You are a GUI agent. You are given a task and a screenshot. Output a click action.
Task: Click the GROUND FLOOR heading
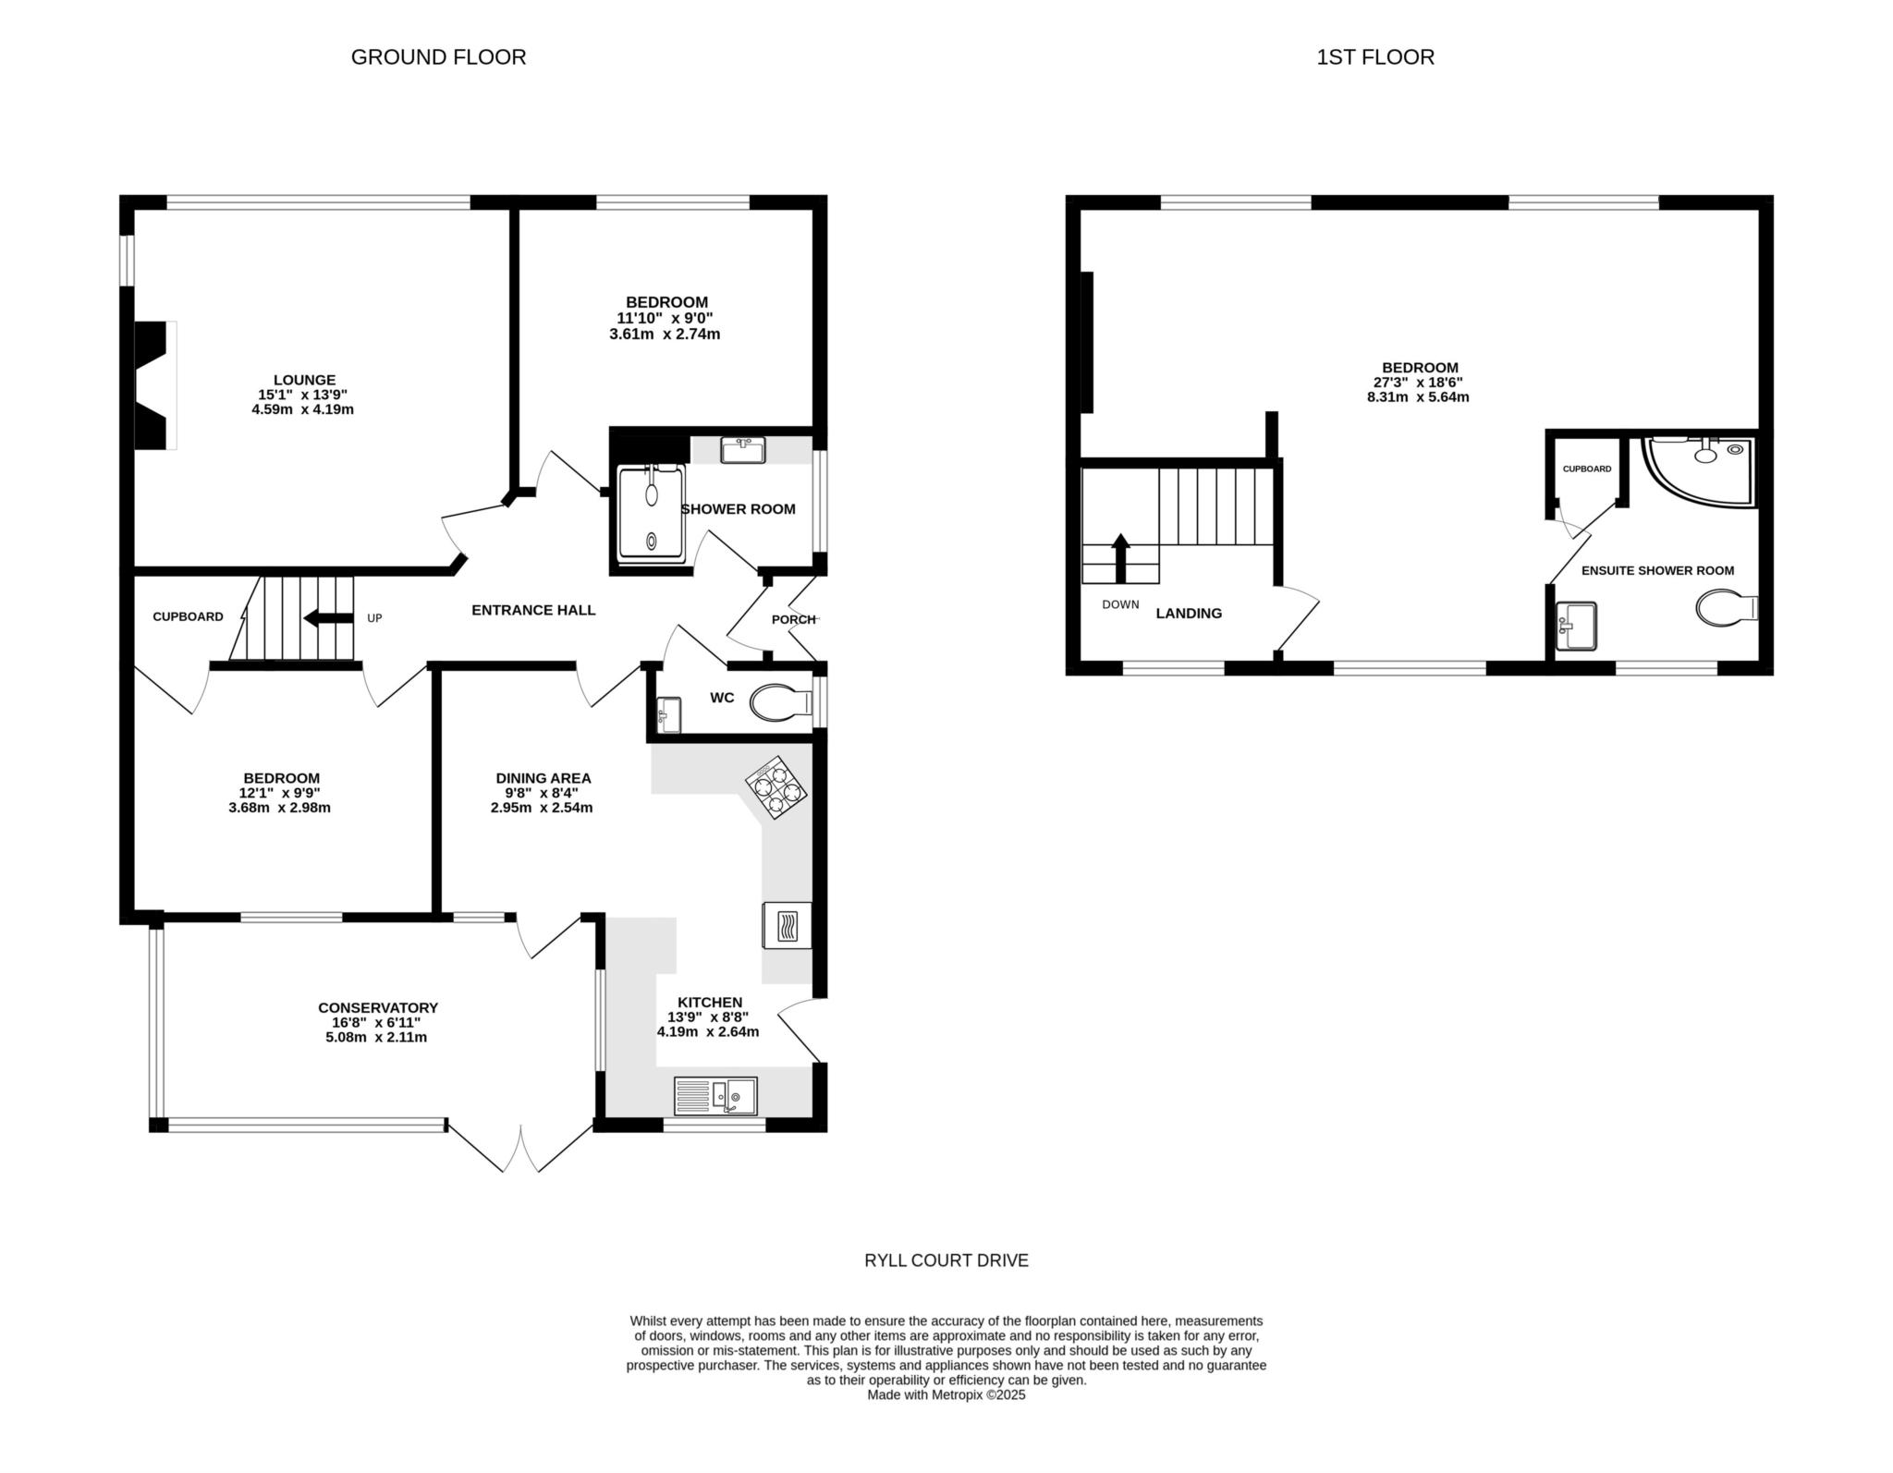pos(438,57)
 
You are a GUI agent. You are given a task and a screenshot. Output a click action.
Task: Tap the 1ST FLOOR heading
pos(1374,57)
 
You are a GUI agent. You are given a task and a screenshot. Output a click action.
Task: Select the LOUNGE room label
pos(304,380)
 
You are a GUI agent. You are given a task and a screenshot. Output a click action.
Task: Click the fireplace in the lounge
pos(155,385)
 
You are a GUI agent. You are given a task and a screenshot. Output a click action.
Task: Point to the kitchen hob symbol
pos(776,788)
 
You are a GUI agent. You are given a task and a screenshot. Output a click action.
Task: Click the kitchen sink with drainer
pos(715,1096)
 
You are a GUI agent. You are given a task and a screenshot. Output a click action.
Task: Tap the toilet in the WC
pos(779,703)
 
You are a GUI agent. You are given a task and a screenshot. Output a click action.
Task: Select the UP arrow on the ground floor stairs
pos(328,618)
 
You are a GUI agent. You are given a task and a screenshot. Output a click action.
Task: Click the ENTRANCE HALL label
pos(533,610)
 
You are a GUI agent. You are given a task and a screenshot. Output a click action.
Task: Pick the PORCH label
pos(793,619)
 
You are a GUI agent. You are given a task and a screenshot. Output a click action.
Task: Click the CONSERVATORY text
pos(377,1007)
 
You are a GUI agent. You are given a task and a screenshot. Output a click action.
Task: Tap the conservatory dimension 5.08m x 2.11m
pos(370,1037)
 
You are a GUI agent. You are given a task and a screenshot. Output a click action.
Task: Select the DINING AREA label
pos(543,778)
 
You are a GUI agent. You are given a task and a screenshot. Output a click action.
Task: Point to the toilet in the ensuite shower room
pos(1724,608)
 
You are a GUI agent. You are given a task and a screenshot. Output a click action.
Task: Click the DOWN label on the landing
pos(1120,604)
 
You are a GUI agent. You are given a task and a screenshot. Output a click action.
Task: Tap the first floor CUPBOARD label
pos(1586,469)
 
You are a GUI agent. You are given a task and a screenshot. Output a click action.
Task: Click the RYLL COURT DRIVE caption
pos(946,1260)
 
